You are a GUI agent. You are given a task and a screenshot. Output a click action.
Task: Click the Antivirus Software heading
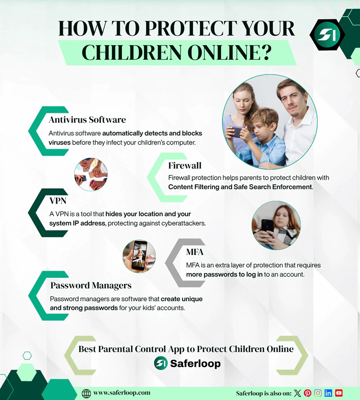click(x=87, y=120)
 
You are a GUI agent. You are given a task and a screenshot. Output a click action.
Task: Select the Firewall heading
click(x=184, y=165)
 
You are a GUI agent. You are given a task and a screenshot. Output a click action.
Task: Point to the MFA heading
click(x=194, y=252)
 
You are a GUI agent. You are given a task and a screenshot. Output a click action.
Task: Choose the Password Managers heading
click(x=91, y=285)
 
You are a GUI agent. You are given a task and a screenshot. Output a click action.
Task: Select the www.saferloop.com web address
click(x=121, y=393)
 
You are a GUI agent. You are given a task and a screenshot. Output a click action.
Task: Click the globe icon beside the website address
click(x=86, y=393)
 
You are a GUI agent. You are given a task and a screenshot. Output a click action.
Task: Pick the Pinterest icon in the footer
click(x=308, y=393)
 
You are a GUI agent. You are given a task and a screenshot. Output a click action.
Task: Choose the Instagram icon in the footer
click(x=318, y=393)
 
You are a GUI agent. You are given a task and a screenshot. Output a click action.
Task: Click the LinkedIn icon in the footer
click(x=328, y=393)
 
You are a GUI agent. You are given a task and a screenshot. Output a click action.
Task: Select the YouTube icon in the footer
click(x=339, y=393)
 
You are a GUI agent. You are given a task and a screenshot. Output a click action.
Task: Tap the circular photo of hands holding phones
click(x=91, y=174)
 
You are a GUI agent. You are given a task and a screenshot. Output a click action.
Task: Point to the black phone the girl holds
click(x=268, y=225)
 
